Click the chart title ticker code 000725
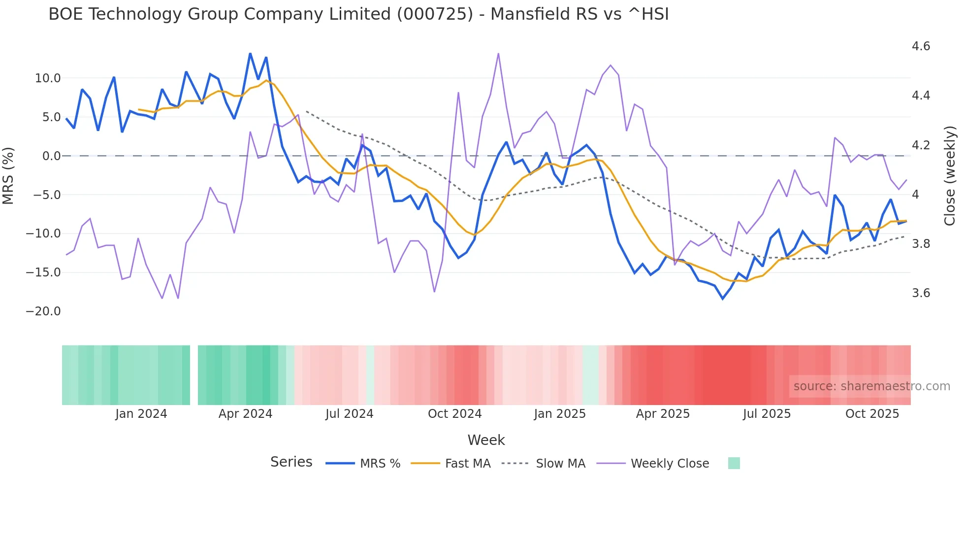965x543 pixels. pos(434,14)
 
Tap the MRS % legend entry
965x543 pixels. pos(380,464)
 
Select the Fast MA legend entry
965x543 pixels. pos(467,464)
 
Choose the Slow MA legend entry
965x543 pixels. pos(560,464)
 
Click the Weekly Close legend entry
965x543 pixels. pos(670,464)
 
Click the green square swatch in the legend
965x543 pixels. pos(734,463)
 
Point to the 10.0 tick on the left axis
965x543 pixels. pos(48,78)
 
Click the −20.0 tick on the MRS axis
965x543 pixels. pos(43,311)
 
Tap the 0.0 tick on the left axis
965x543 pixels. pos(51,156)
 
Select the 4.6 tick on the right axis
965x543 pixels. pos(921,46)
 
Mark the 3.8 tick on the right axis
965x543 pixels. pos(921,244)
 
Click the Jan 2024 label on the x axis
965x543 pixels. pos(141,414)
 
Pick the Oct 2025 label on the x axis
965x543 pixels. pos(872,414)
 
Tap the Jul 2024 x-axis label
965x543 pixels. pos(349,414)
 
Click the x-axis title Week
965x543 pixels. pos(486,440)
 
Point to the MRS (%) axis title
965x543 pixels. pos(8,175)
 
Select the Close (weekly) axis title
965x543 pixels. pos(950,175)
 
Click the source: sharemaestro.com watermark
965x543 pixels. pos(871,386)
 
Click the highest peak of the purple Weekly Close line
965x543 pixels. pos(498,54)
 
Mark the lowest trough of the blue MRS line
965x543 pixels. pos(723,299)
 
